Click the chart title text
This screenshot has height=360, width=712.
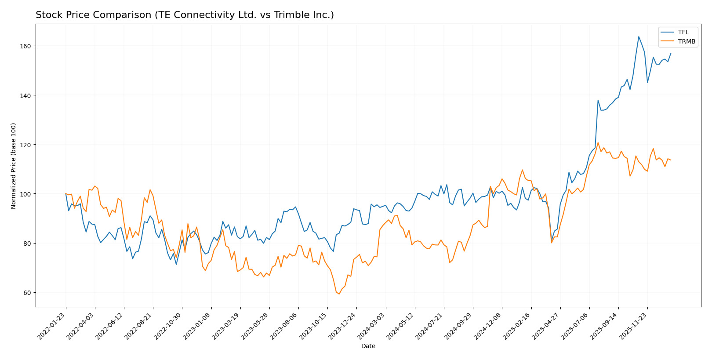click(x=185, y=15)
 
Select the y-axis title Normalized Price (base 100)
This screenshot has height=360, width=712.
click(x=14, y=166)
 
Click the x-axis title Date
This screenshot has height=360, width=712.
click(x=368, y=346)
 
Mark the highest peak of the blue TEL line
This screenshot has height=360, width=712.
click(x=639, y=36)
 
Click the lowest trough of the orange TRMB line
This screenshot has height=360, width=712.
click(x=339, y=294)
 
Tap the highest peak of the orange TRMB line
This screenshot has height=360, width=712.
click(x=598, y=142)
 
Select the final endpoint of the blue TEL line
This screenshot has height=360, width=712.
click(x=671, y=54)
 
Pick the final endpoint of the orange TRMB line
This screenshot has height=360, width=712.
click(x=671, y=160)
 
